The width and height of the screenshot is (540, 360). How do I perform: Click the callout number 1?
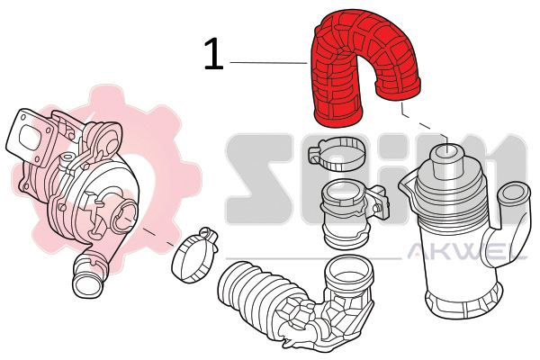point(213,54)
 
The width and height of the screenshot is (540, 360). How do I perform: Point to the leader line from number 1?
point(268,63)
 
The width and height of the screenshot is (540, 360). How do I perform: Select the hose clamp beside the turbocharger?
point(194,255)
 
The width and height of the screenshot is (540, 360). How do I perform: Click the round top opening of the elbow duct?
point(349,272)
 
